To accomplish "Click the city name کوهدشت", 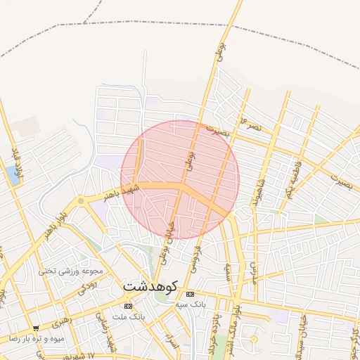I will point(150,287).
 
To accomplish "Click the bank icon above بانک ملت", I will point(127,307).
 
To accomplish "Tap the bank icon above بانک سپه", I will point(190,294).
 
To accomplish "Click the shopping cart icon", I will point(36,328).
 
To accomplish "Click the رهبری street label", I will point(61,317).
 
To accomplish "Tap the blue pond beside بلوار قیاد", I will point(12,174).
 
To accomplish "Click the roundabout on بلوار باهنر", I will point(81,202).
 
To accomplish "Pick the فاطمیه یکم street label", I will point(290,179).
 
